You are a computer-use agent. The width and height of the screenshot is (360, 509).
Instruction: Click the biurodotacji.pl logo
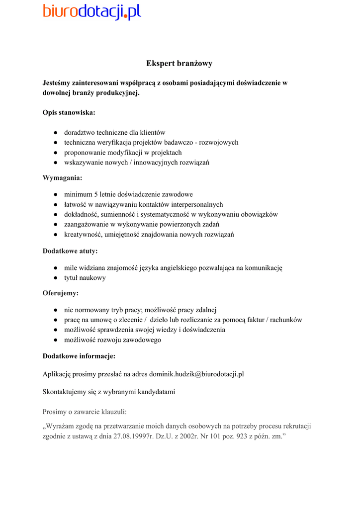[92, 11]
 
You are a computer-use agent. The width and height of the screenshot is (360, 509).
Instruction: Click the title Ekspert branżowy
[180, 64]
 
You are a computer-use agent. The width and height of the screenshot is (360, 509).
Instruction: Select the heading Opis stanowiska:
[69, 112]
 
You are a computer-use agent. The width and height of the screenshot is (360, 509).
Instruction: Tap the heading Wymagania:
[62, 177]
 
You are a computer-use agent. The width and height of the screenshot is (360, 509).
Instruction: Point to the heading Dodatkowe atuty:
[70, 251]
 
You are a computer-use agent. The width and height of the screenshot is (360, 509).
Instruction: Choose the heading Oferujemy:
[61, 293]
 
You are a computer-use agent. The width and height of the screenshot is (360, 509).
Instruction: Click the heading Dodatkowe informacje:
[79, 356]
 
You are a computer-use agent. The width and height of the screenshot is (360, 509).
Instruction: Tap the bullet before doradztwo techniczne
[56, 133]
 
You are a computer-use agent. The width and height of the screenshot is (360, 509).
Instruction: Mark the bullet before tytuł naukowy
[56, 278]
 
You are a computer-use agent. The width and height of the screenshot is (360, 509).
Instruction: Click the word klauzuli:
[114, 412]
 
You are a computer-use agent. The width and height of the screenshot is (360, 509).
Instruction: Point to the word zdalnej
[205, 310]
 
